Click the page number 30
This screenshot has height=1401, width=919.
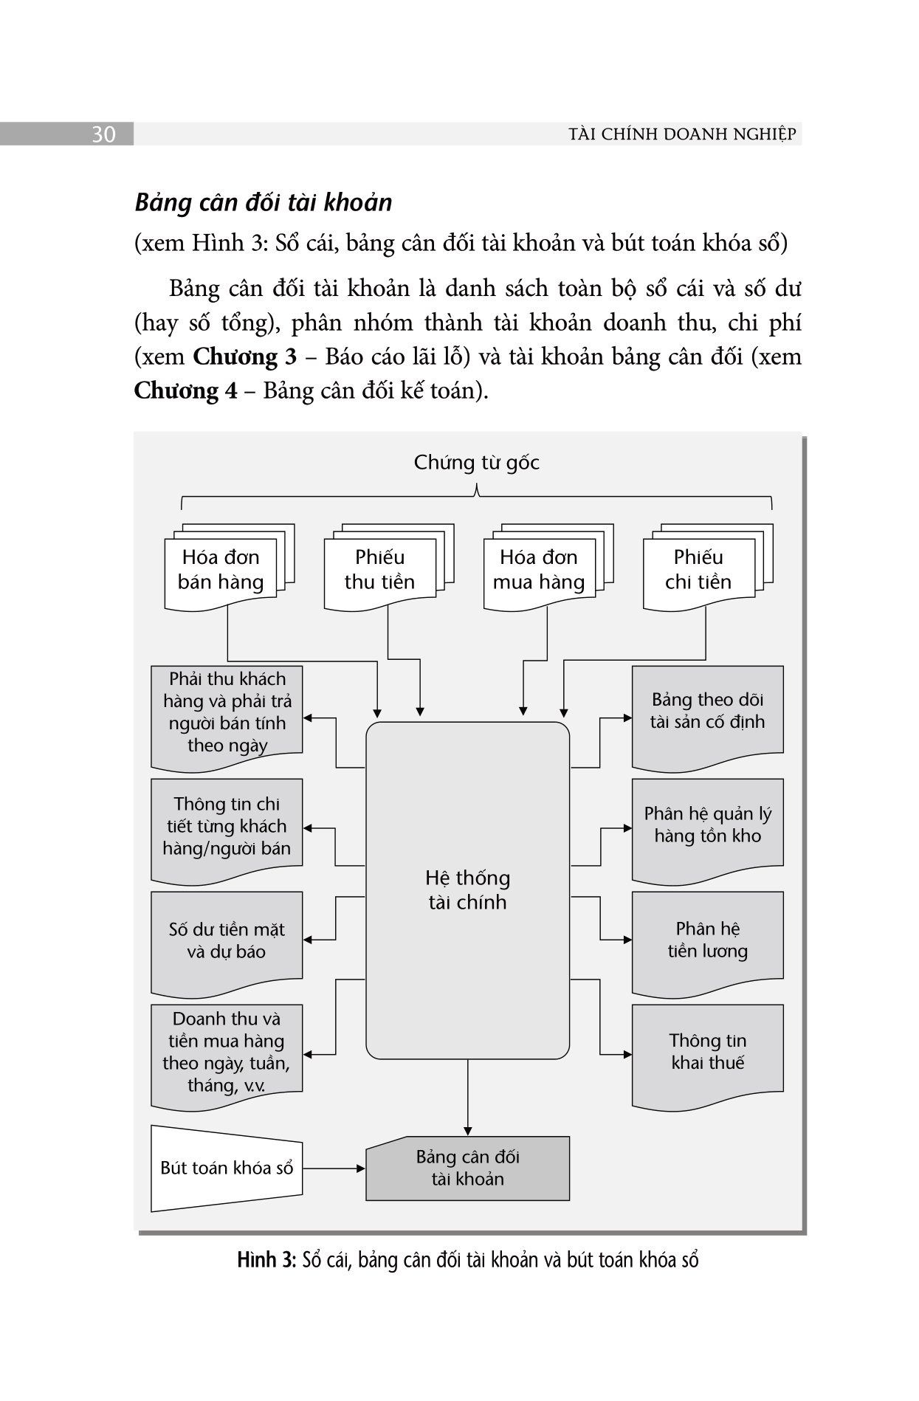click(103, 135)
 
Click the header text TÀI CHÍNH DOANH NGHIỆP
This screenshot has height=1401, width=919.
click(683, 134)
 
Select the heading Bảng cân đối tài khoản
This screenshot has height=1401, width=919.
click(263, 203)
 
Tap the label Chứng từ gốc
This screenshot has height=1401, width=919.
click(476, 463)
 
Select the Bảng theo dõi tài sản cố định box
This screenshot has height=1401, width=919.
click(707, 717)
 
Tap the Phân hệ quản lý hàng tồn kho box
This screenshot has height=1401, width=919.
click(707, 830)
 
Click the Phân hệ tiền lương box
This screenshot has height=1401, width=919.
click(707, 943)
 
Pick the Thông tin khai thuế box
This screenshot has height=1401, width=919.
click(707, 1056)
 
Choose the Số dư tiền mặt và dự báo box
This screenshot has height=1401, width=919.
click(227, 943)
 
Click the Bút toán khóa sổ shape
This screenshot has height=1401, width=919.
click(227, 1168)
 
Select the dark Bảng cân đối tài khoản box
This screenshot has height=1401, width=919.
click(467, 1168)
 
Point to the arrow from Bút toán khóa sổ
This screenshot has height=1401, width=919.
click(334, 1168)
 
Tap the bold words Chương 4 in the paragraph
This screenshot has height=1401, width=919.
click(186, 390)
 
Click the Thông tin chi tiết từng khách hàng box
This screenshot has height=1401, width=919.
click(227, 830)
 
